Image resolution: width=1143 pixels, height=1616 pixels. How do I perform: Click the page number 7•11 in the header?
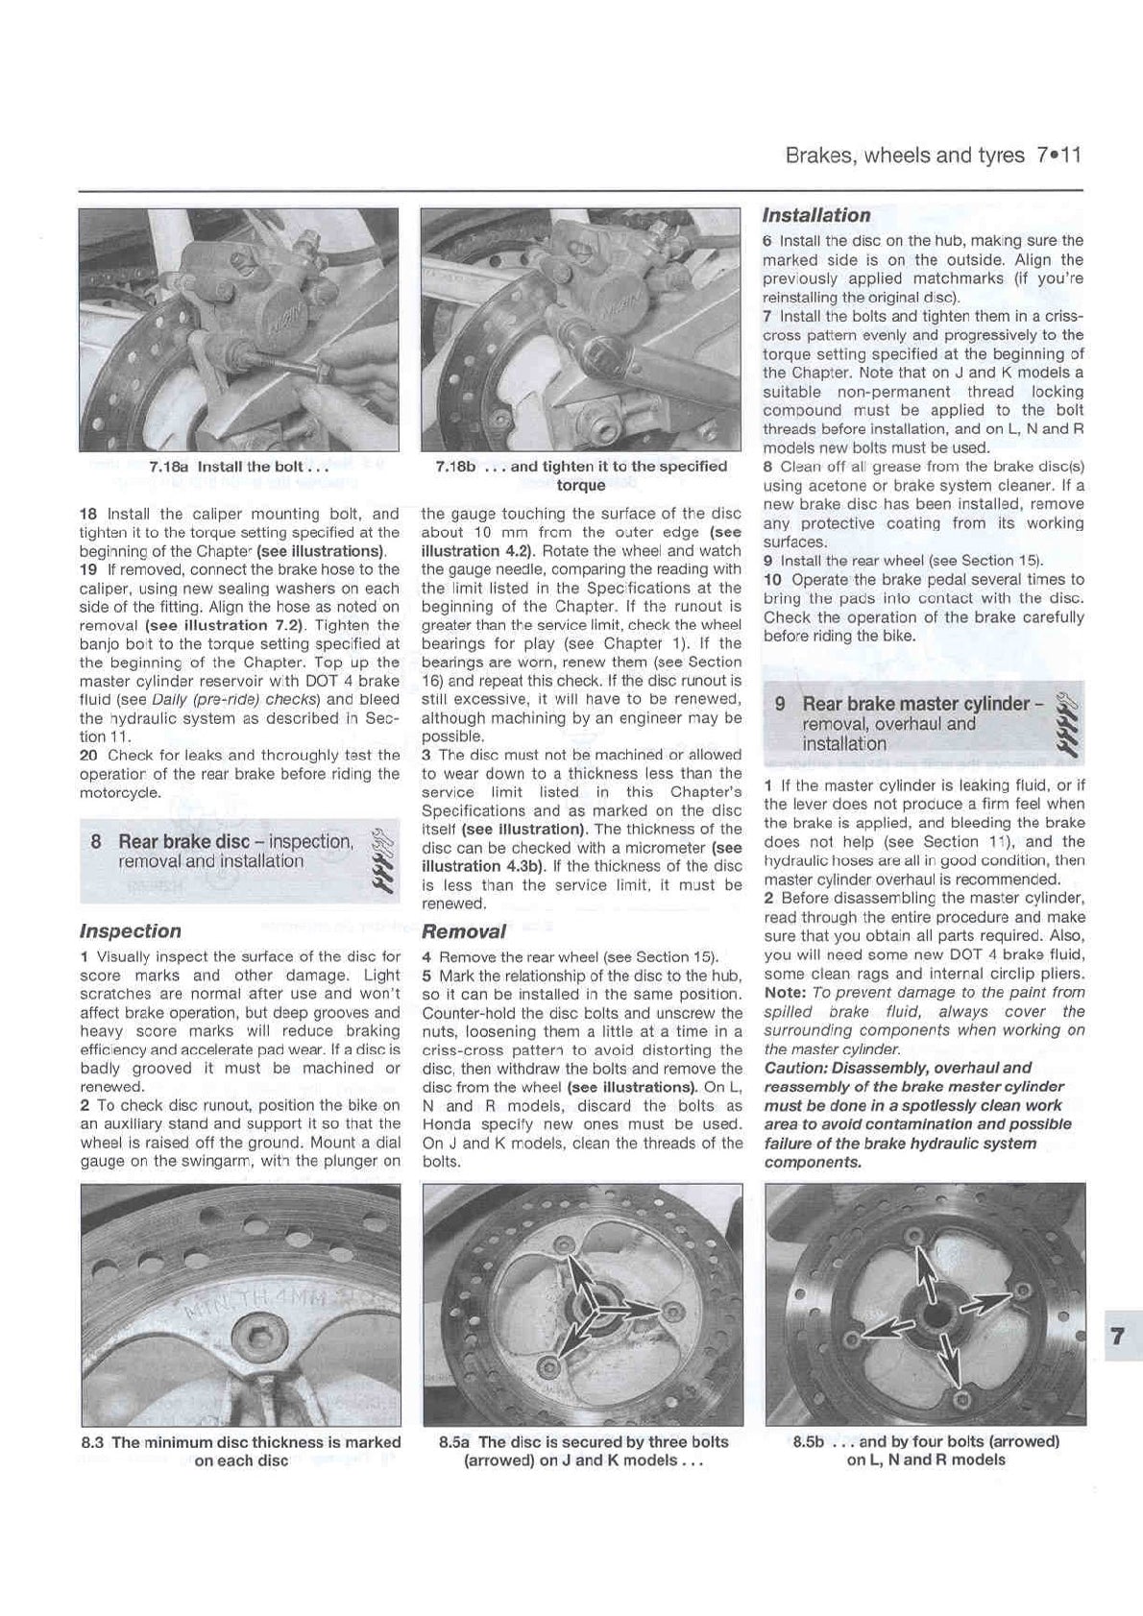(1058, 155)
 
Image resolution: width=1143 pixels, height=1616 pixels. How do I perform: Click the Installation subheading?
(815, 215)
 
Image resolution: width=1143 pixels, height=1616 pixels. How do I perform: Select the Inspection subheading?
(130, 930)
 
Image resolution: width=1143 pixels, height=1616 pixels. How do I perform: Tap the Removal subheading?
(463, 930)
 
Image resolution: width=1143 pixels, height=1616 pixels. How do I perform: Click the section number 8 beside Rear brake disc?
(96, 842)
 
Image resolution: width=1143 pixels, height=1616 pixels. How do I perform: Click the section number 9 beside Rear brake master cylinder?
(781, 704)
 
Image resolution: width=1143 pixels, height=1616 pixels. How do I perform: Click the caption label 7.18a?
(170, 467)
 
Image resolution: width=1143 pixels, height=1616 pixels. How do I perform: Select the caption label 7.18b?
(455, 467)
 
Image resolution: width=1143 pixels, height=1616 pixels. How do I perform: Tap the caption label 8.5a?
(455, 1442)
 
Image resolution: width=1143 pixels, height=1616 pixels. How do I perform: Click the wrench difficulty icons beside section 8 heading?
(383, 858)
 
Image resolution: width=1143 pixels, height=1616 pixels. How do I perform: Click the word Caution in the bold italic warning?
(794, 1068)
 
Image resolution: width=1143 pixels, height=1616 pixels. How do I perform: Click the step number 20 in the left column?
(87, 755)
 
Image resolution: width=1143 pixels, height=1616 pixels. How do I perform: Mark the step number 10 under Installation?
(772, 580)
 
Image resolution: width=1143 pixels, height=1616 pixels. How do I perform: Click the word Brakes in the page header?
(817, 155)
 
